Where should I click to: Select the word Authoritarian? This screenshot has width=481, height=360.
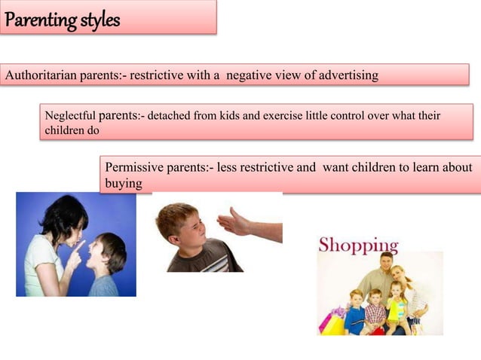38,75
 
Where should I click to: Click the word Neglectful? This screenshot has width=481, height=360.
69,117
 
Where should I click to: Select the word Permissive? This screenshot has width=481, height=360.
134,167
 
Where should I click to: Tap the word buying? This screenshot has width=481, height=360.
124,183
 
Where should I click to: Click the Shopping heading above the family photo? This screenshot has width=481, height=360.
358,246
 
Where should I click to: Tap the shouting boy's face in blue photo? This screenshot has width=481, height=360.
100,255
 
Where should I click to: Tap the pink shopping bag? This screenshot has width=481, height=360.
328,322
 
